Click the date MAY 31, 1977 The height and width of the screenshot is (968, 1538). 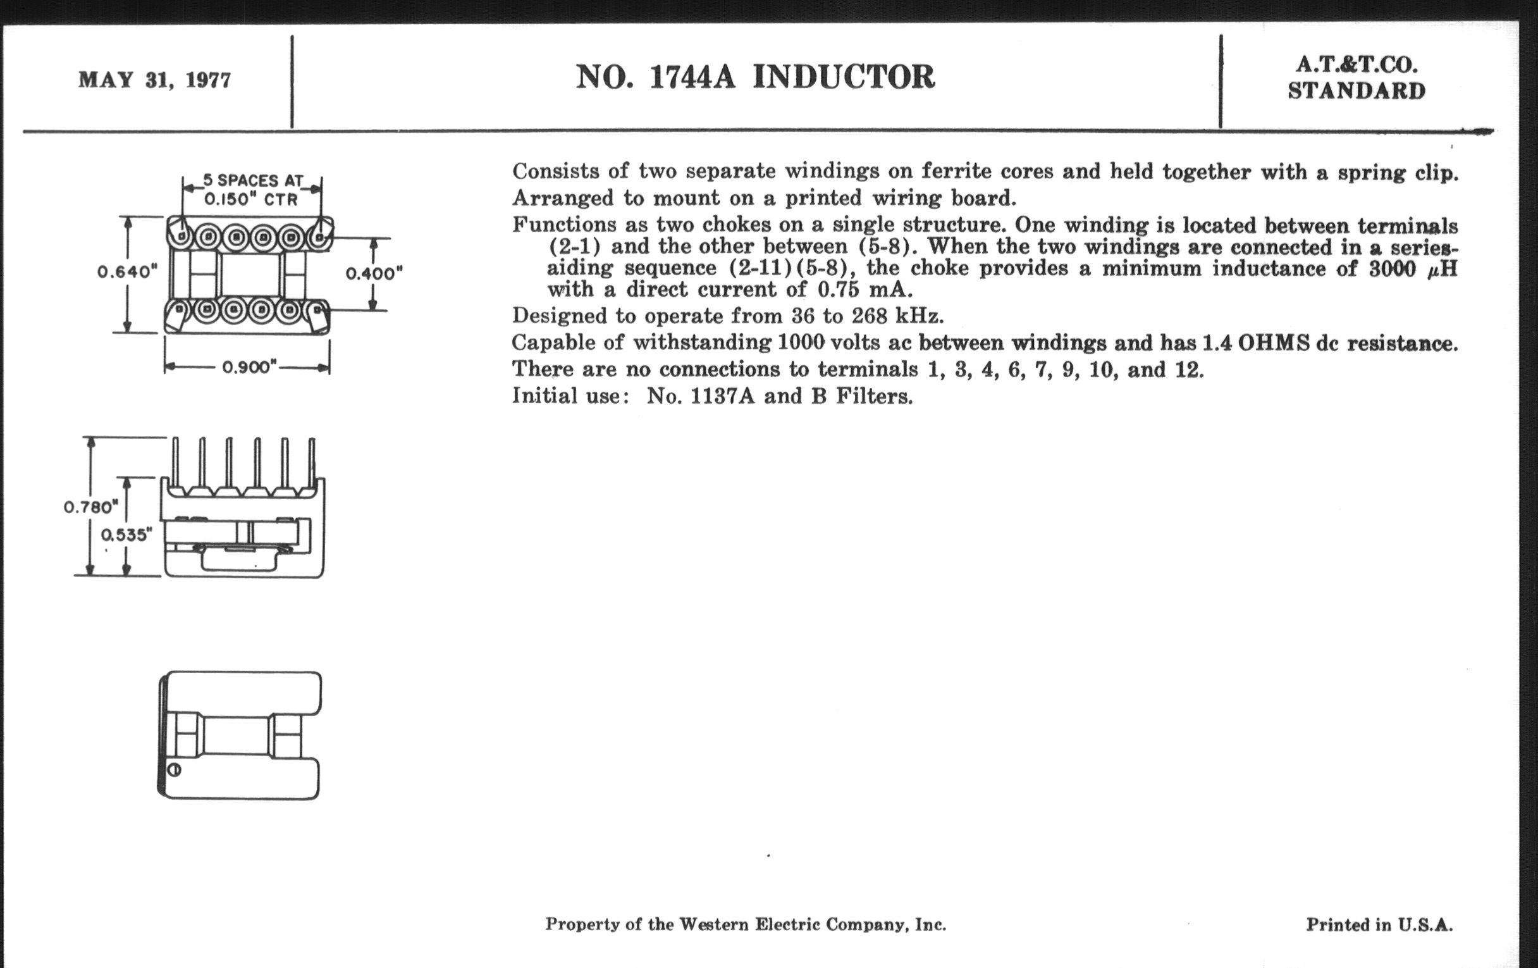coord(154,80)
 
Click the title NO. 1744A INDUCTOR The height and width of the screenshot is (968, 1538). coord(755,77)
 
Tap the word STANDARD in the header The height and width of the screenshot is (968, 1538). coord(1356,91)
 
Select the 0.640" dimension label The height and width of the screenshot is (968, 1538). coord(127,271)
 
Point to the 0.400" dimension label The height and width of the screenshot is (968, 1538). coord(374,273)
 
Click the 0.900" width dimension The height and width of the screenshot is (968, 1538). coord(249,368)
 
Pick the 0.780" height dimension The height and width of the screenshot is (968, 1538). coord(90,507)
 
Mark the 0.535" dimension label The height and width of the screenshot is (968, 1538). coord(127,534)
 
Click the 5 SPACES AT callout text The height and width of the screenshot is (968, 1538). coord(253,180)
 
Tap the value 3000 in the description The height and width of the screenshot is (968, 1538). coord(1392,268)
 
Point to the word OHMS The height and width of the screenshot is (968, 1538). coord(1272,343)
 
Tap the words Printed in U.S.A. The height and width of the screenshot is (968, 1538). coord(1379,924)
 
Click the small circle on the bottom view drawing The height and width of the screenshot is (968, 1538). coord(175,770)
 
